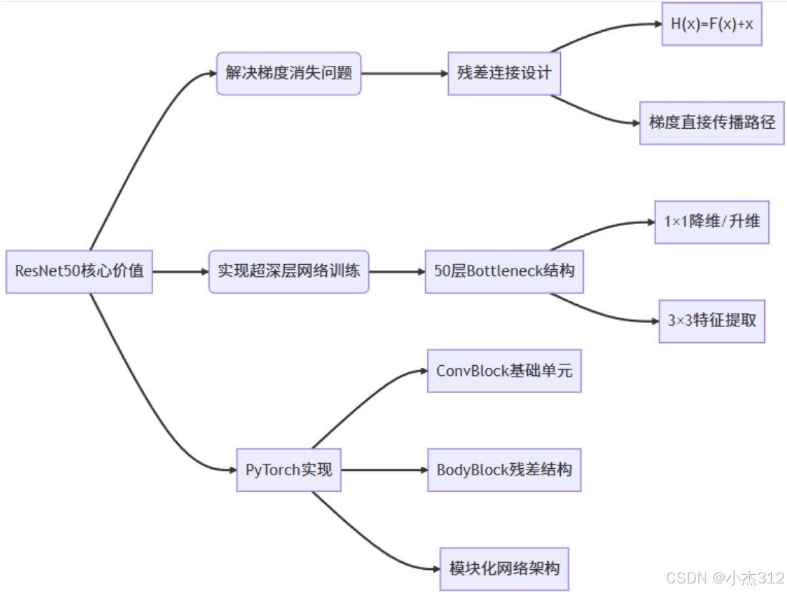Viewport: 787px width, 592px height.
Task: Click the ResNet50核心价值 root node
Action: point(79,271)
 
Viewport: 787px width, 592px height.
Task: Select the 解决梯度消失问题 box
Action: point(289,73)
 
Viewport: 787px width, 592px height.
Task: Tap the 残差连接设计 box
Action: point(504,73)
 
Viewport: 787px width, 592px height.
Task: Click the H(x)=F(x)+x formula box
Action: point(711,24)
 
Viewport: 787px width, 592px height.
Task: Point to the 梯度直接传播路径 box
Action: point(711,122)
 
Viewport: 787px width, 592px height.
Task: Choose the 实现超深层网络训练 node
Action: point(288,271)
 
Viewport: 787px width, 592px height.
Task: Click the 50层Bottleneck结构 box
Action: point(504,271)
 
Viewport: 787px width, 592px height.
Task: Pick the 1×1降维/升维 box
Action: point(711,222)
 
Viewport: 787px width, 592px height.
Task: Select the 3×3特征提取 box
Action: point(711,321)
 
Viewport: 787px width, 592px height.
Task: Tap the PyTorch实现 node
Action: point(288,470)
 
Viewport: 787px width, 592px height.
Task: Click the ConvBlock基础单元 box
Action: point(504,371)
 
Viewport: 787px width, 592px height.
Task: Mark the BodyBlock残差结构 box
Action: point(504,470)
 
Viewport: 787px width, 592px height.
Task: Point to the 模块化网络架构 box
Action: point(504,569)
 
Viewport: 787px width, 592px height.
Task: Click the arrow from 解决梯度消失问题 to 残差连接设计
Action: point(404,73)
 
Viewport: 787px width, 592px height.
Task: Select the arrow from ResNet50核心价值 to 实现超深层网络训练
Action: point(180,271)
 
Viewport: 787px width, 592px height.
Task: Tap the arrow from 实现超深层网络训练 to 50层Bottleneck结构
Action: point(397,271)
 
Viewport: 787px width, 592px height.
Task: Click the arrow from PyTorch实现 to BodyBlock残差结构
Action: point(384,470)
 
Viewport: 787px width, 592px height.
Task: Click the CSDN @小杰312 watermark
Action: point(725,577)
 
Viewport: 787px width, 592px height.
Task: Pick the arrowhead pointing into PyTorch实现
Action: point(232,470)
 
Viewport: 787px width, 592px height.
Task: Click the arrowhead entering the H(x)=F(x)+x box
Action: point(658,24)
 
